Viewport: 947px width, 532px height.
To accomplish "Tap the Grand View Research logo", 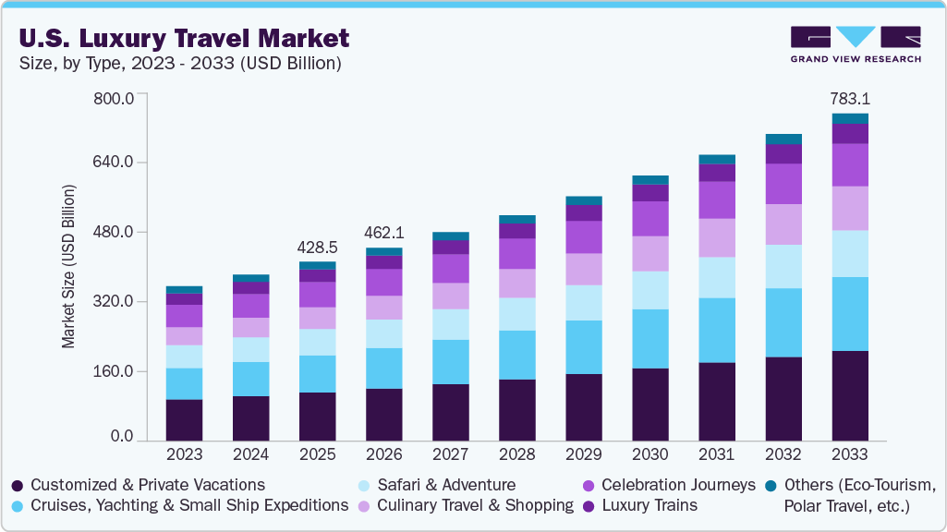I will pos(855,44).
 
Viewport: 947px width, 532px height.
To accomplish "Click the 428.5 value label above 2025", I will pos(318,248).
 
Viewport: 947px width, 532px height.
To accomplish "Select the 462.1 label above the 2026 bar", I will pos(384,234).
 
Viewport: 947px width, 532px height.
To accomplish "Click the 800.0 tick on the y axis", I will pos(115,97).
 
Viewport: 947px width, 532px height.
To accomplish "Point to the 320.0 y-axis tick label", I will pos(115,302).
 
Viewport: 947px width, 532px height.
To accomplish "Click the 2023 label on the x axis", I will pos(184,455).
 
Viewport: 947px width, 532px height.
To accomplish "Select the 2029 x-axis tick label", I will pos(583,455).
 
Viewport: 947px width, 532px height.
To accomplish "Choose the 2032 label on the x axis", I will pos(783,455).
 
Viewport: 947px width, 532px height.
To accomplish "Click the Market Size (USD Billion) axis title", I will pos(68,267).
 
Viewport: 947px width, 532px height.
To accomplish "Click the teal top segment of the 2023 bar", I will pos(184,289).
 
